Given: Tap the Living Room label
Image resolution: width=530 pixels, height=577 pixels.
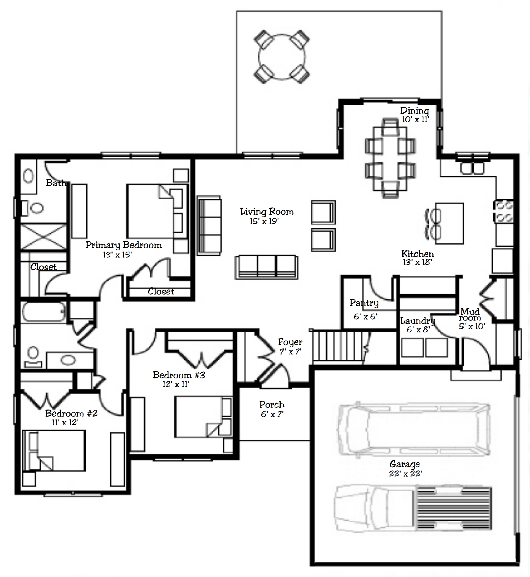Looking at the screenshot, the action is (x=267, y=212).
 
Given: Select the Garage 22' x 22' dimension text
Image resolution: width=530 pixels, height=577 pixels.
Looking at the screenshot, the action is (x=405, y=474).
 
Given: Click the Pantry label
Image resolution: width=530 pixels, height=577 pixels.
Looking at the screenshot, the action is (x=364, y=303).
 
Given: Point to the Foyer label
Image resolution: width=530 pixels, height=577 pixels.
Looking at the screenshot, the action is (x=290, y=342).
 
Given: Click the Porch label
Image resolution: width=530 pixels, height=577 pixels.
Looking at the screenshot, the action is (x=272, y=404).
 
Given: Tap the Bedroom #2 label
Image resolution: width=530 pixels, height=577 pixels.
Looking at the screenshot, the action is (x=71, y=413).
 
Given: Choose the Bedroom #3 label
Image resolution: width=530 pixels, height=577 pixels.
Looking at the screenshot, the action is (x=179, y=375).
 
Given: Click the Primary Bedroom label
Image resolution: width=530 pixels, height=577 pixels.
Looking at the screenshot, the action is (x=124, y=245).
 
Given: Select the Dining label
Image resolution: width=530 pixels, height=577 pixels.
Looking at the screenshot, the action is (x=415, y=111).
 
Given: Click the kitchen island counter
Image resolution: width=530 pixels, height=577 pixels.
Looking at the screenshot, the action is (x=449, y=224).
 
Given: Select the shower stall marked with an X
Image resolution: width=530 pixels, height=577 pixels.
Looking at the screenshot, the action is (x=43, y=237).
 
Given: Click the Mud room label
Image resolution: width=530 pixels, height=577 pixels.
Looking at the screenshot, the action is (x=470, y=314).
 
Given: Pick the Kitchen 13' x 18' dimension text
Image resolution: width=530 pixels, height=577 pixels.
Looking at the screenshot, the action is (x=417, y=262).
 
